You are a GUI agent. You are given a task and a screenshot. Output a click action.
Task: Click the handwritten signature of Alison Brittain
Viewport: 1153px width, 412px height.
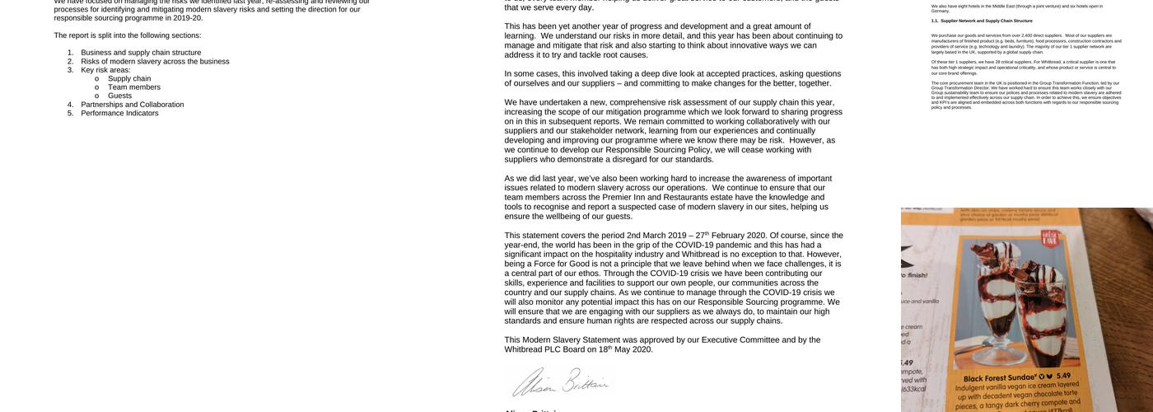pos(560,383)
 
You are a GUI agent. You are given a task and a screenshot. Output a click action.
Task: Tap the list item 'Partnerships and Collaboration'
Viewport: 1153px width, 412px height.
pos(132,105)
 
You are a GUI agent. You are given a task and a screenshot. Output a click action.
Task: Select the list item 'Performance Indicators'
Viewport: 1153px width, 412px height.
pos(119,114)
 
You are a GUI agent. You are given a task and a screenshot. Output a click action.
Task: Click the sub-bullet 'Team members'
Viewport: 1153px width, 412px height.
pos(134,87)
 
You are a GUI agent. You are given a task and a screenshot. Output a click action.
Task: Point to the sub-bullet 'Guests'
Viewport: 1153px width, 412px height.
pos(119,96)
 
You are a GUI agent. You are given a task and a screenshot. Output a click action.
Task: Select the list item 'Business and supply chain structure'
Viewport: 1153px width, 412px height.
pos(141,53)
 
